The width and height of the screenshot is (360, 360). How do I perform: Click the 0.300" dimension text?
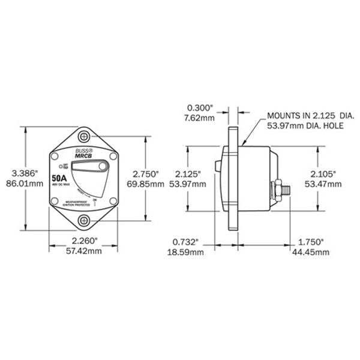coord(200,108)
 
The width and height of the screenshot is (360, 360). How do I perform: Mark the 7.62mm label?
coord(200,118)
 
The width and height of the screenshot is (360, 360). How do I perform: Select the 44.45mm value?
coord(313,253)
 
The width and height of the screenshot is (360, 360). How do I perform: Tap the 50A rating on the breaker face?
coord(59,178)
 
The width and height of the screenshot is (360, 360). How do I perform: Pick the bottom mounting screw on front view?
coord(85,220)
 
